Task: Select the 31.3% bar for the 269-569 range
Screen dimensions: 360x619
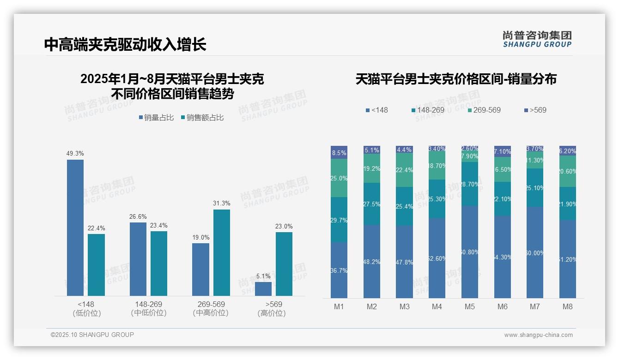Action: coord(221,252)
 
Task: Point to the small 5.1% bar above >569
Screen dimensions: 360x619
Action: coord(263,288)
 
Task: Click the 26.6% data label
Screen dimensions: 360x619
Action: coord(138,216)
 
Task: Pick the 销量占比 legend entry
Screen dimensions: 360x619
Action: coord(156,118)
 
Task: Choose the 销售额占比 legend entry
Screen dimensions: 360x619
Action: coord(202,118)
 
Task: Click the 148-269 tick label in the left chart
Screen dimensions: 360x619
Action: coord(148,305)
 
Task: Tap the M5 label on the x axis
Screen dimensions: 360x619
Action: coord(470,306)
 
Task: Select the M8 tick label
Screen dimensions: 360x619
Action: coord(568,306)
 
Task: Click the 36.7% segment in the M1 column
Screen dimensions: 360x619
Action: coord(339,270)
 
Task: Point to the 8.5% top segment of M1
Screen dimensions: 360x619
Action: coord(339,152)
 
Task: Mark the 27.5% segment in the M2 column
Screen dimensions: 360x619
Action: coord(372,204)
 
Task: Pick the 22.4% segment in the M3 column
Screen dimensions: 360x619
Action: coord(404,170)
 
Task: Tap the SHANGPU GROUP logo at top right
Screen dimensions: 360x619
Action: coord(537,39)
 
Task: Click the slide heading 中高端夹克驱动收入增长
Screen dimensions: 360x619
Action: coord(125,44)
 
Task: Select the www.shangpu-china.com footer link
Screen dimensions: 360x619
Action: coord(538,335)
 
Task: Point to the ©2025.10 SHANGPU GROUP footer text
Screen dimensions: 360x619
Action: coord(92,335)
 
